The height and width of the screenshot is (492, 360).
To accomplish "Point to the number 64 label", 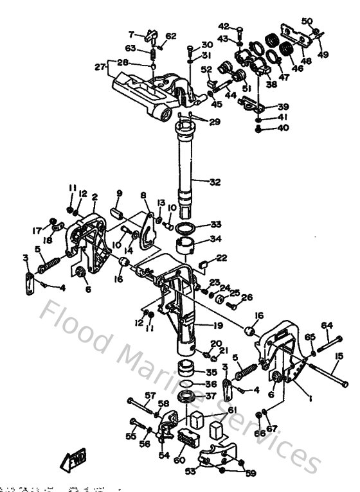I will coord(327,324).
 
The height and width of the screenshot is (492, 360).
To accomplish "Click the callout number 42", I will coord(223,26).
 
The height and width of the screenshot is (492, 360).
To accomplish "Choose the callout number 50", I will coord(307,22).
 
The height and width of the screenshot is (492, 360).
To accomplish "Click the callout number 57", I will coord(150,395).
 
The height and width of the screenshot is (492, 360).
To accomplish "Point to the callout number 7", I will coord(131,34).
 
